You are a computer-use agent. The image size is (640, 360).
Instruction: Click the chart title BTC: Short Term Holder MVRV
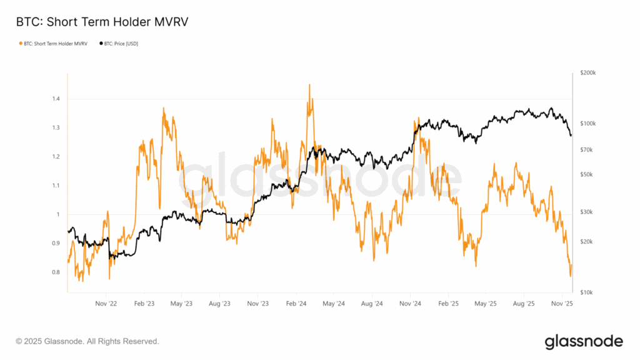[x=102, y=22]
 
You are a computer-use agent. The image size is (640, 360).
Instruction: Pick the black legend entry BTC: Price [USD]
[x=120, y=43]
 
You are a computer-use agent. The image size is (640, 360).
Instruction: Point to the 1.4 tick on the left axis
[x=56, y=99]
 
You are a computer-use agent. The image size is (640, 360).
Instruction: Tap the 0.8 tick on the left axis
[x=56, y=272]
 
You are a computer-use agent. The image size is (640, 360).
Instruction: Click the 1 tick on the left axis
[x=57, y=214]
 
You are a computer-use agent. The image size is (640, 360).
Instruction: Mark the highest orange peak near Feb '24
[x=309, y=84]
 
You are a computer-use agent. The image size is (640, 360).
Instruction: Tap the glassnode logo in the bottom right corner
[x=584, y=341]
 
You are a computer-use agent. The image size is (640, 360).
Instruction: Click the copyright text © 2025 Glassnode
[x=87, y=341]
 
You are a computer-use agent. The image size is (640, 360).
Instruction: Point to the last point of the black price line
[x=571, y=136]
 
